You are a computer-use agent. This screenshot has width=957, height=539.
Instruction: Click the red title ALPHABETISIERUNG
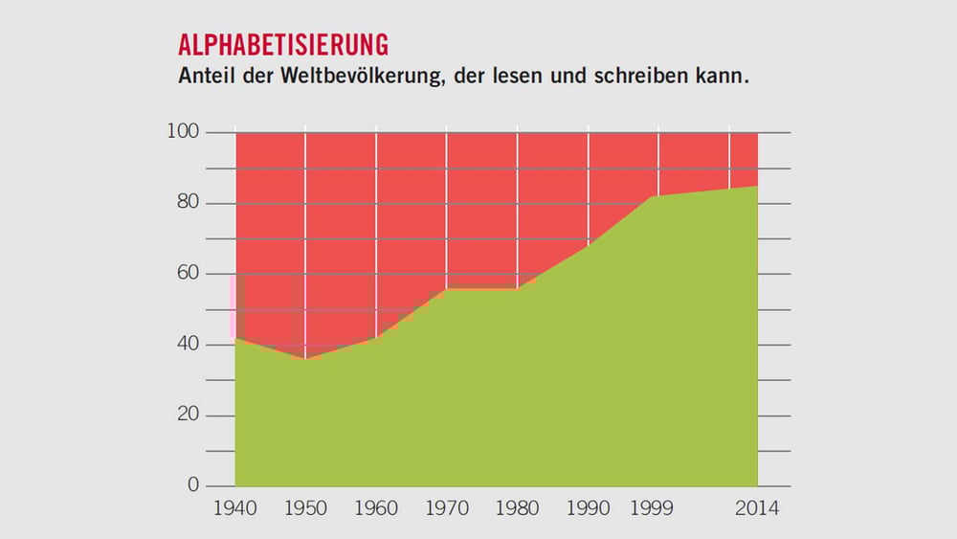(283, 45)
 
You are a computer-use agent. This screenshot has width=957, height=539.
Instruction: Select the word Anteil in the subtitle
(209, 76)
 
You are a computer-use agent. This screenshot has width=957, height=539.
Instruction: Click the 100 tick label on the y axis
(182, 132)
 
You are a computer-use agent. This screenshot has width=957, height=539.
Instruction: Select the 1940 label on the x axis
(235, 508)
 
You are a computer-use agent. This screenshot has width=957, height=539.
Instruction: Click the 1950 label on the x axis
(305, 508)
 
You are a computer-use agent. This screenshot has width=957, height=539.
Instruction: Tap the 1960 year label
(376, 508)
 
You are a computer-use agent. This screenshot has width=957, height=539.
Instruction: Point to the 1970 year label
(446, 508)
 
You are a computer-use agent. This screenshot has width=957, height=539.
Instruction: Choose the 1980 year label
(517, 508)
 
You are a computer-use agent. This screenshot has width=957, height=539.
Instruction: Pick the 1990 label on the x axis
(588, 508)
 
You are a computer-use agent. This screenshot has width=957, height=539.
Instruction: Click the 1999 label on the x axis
(652, 508)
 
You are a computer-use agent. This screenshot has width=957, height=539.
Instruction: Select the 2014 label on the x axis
(757, 508)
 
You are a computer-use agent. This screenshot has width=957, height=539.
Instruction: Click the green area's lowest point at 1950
(305, 360)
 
